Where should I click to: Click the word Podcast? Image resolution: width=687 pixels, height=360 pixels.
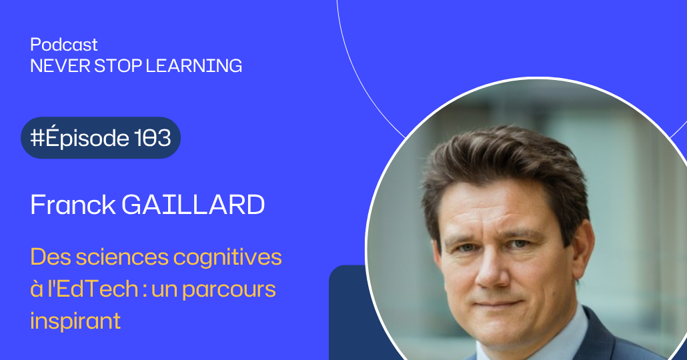point(64,45)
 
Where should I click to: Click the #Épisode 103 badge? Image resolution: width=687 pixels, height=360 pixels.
point(101,138)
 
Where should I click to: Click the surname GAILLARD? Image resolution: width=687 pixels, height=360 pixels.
point(193,205)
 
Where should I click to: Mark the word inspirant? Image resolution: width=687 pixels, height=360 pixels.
point(75,321)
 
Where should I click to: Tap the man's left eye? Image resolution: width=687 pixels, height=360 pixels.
point(526,245)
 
